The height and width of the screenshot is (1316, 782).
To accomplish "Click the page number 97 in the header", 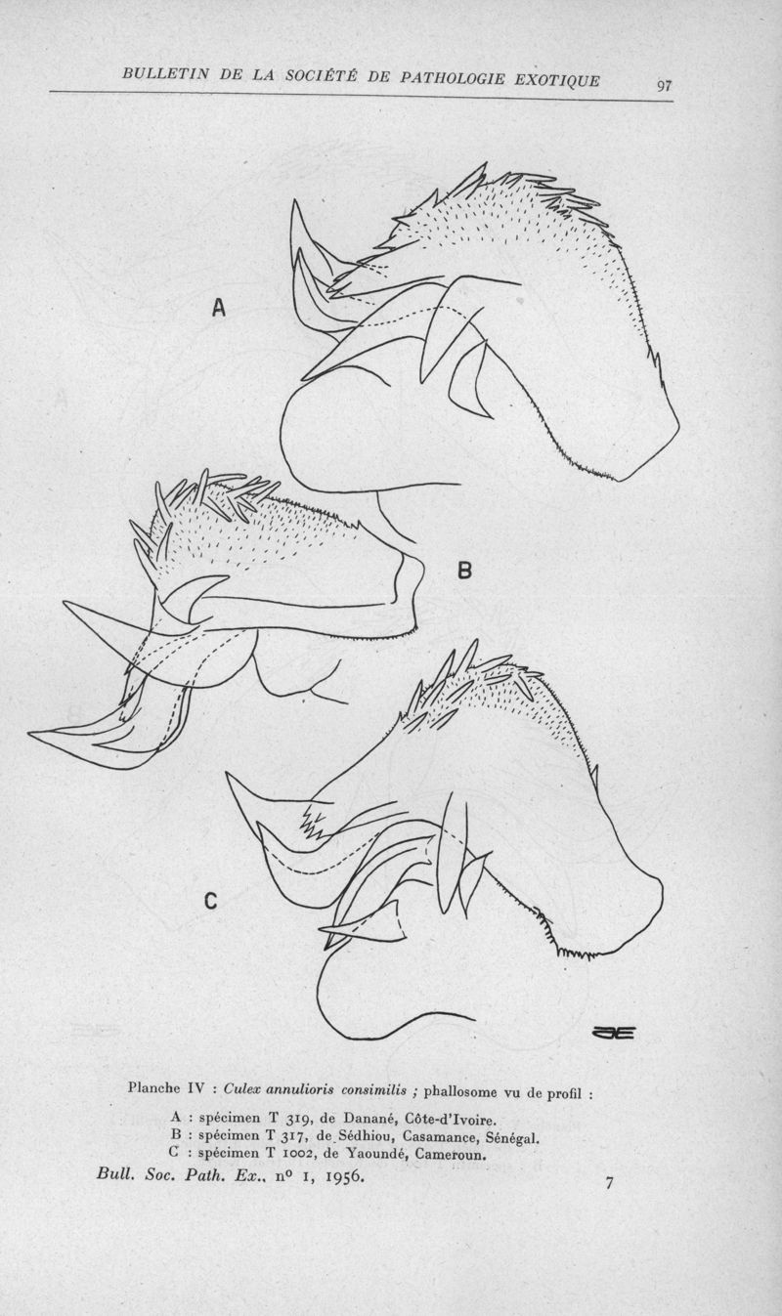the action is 665,86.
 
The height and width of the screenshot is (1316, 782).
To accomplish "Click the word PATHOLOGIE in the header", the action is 453,78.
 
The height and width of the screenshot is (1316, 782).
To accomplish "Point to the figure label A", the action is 219,308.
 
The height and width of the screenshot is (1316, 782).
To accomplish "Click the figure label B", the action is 464,570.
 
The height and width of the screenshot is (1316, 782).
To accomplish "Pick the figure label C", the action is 210,901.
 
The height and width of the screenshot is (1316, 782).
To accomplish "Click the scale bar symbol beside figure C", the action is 613,1033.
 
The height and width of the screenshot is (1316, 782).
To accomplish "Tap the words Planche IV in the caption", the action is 166,1088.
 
